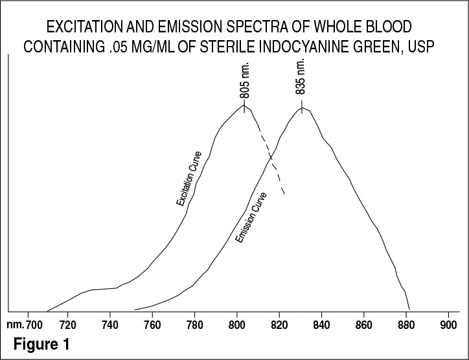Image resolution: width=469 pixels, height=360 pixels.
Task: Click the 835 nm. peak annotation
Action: [x=301, y=78]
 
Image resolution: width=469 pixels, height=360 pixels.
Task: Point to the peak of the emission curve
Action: [x=302, y=108]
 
